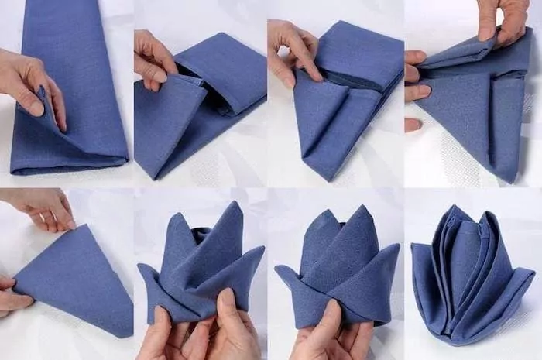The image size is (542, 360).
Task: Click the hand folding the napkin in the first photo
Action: [31, 81]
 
